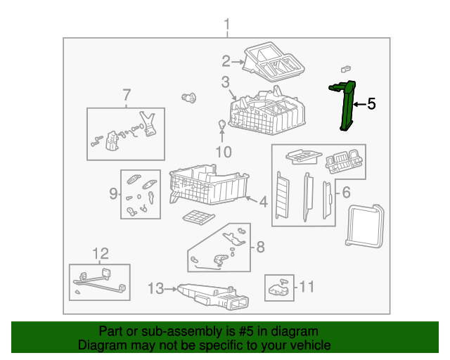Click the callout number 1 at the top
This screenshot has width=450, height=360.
(227, 25)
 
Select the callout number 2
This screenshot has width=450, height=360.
(226, 61)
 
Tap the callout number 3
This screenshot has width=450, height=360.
(225, 82)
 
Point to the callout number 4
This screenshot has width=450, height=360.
(264, 202)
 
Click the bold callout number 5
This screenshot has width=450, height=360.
(371, 103)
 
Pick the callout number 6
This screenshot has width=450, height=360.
(347, 192)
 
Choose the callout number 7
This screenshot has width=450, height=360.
(127, 94)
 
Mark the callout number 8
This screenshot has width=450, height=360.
(260, 247)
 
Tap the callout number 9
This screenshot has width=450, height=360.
(113, 193)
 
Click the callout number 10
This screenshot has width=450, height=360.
(224, 152)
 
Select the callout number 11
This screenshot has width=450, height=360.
(307, 286)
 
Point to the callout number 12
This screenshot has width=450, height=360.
(101, 254)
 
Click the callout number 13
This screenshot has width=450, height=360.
(156, 288)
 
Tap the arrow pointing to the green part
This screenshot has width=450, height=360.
(359, 104)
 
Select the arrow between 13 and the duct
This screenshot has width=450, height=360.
(171, 289)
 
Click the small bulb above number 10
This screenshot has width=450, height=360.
(222, 124)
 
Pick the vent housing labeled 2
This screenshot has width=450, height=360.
(274, 62)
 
